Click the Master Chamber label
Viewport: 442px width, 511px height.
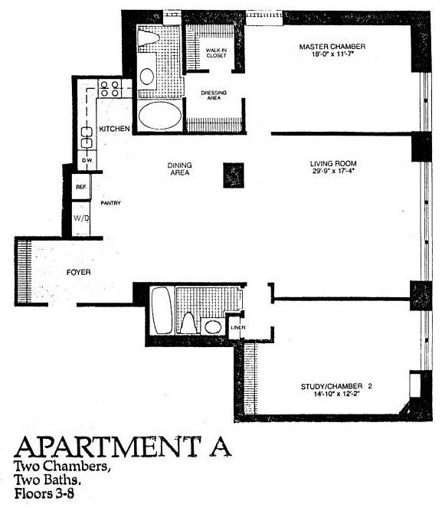click(332, 47)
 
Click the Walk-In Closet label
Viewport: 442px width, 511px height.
click(214, 52)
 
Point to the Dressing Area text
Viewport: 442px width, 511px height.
click(214, 96)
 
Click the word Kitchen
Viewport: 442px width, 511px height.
click(114, 129)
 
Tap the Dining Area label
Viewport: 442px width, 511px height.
click(179, 169)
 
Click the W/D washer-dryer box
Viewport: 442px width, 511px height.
click(80, 218)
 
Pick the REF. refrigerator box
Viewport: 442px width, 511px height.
click(80, 187)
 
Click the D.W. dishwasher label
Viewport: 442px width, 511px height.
click(87, 160)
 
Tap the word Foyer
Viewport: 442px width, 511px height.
click(79, 273)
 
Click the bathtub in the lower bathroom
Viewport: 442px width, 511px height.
click(162, 310)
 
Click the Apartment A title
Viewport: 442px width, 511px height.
click(122, 447)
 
